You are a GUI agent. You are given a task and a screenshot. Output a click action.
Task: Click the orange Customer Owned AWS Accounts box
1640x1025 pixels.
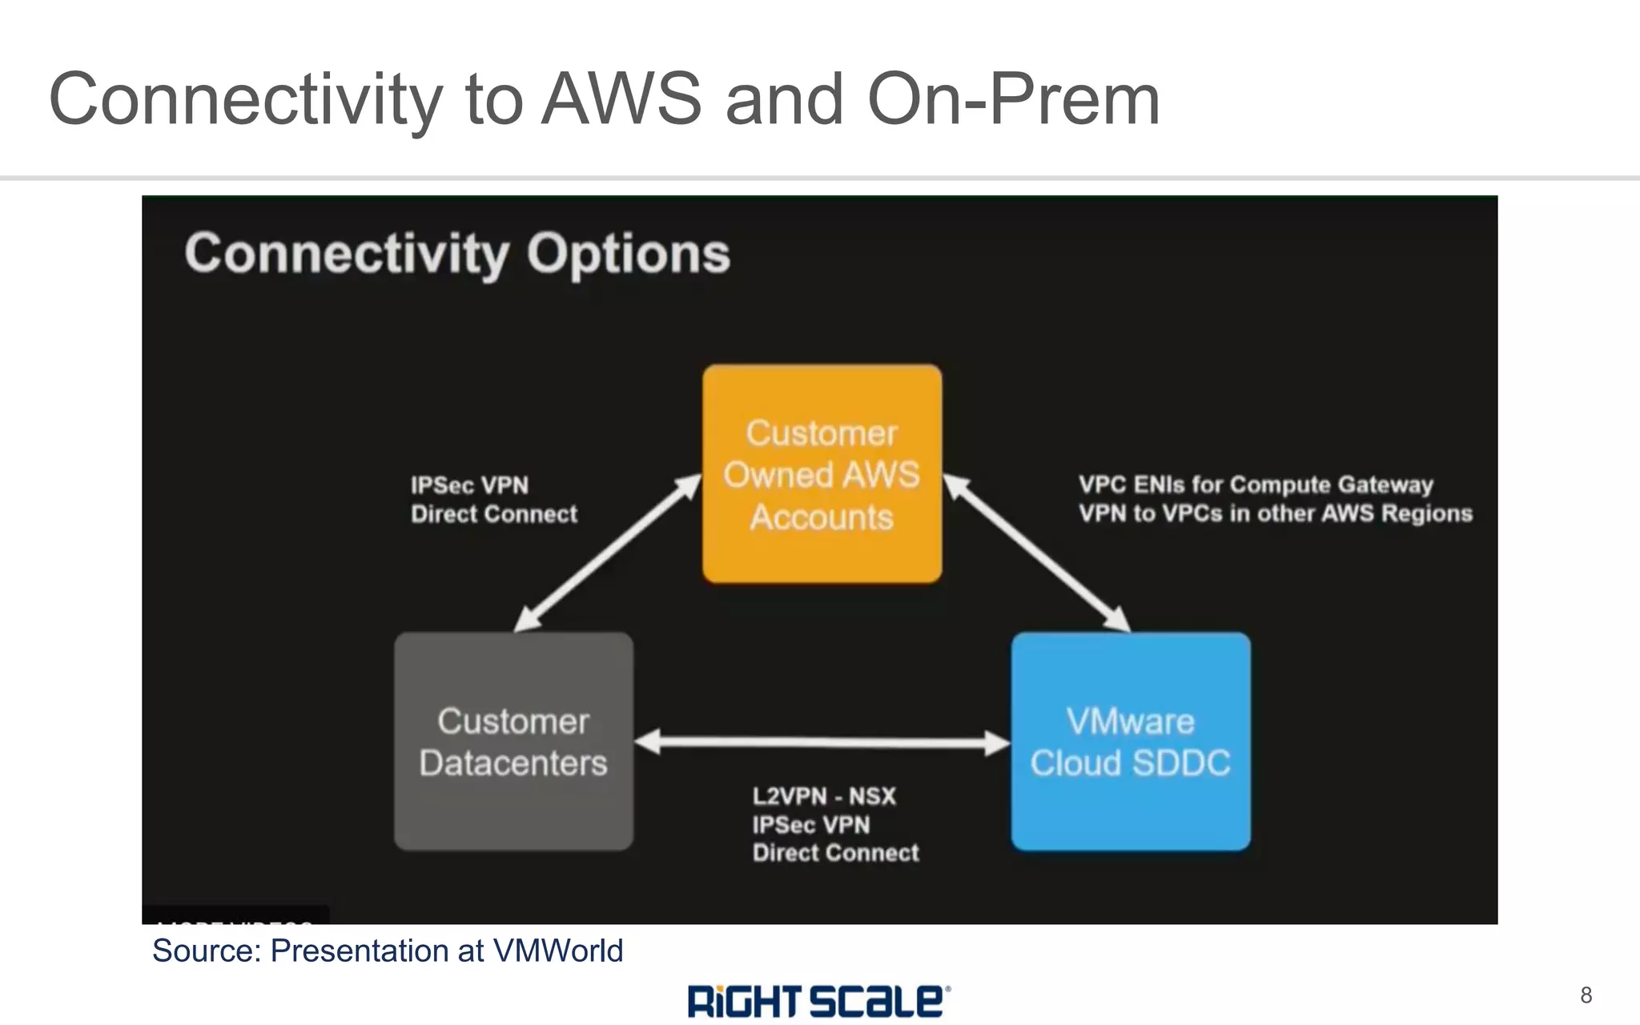click(822, 474)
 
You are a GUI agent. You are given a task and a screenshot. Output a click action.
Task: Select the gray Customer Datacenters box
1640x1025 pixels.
click(513, 742)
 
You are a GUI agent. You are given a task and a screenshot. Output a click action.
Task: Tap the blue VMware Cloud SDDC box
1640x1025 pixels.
click(1130, 742)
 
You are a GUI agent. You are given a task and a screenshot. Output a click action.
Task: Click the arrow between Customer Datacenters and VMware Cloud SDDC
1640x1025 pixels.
click(822, 742)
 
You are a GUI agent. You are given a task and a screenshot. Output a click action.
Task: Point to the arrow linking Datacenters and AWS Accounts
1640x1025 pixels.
click(607, 553)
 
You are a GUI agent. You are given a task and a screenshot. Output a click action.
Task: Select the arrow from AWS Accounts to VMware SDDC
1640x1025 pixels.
click(1037, 553)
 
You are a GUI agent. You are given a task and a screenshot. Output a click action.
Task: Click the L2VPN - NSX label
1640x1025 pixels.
click(823, 796)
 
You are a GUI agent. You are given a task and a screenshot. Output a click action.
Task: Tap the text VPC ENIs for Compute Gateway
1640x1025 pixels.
click(1255, 484)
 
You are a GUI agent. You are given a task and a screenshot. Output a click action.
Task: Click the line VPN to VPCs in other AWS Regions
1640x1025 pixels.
click(1275, 513)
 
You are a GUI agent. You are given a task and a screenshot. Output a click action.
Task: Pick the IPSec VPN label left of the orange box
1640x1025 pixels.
click(469, 485)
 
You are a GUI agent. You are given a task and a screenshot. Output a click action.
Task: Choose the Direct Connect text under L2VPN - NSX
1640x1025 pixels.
click(835, 853)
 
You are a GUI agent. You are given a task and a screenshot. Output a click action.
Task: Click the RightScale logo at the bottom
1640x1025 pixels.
click(818, 1001)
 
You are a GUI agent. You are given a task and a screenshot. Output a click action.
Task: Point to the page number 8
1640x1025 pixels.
click(1586, 995)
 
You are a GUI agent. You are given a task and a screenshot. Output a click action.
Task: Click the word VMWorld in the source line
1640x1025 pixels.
click(557, 951)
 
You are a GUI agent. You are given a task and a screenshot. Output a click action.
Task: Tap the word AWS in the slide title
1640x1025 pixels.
click(621, 99)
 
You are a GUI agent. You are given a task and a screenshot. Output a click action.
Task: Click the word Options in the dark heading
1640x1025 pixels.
click(628, 254)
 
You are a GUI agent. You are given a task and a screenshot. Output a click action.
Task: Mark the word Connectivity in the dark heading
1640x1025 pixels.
click(346, 254)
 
